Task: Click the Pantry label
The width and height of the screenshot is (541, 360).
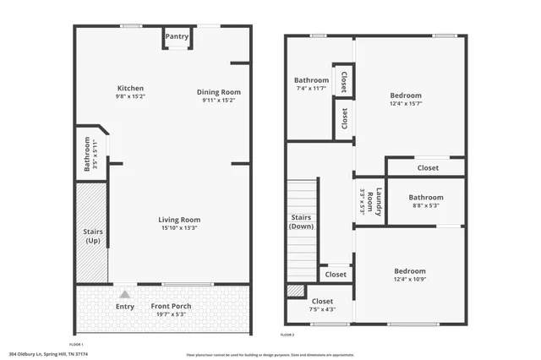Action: (177, 36)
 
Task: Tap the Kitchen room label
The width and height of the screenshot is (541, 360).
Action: (130, 88)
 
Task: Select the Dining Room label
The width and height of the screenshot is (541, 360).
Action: (219, 92)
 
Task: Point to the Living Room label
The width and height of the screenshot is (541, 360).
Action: (179, 220)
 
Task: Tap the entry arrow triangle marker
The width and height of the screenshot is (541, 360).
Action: (124, 294)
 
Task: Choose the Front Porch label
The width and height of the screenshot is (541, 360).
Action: (171, 306)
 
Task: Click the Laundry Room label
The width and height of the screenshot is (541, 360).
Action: (370, 202)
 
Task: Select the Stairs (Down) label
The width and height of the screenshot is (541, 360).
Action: (302, 221)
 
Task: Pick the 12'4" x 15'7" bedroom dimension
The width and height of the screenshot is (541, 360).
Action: (406, 105)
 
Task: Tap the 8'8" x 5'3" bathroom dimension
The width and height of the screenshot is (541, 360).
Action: (426, 206)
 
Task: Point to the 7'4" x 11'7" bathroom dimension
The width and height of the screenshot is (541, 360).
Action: (311, 88)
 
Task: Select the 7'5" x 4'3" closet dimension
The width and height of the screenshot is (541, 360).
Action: (323, 309)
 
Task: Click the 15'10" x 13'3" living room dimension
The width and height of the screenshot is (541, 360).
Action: (179, 228)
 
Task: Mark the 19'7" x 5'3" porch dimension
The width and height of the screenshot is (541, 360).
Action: (171, 314)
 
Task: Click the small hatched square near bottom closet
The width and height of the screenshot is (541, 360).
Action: (294, 291)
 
